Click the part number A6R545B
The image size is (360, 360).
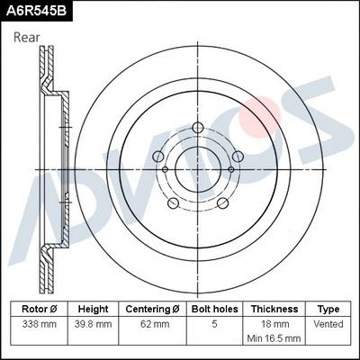pyautogui.click(x=36, y=11)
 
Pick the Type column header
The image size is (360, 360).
pyautogui.click(x=328, y=309)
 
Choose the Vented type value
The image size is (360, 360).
pyautogui.click(x=328, y=322)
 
